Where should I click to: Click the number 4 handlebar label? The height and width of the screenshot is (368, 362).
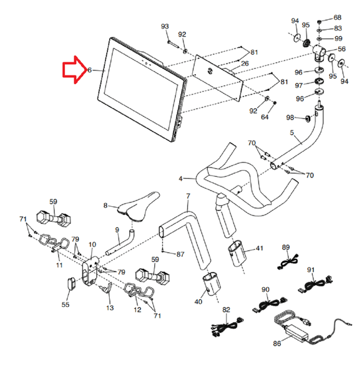pyautogui.click(x=180, y=179)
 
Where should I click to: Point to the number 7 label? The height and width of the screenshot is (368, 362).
pyautogui.click(x=187, y=196)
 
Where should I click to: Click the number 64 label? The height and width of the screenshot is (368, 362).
pyautogui.click(x=265, y=117)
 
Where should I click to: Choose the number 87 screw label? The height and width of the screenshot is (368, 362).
pyautogui.click(x=180, y=254)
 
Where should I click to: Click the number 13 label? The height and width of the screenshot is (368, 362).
pyautogui.click(x=110, y=308)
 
